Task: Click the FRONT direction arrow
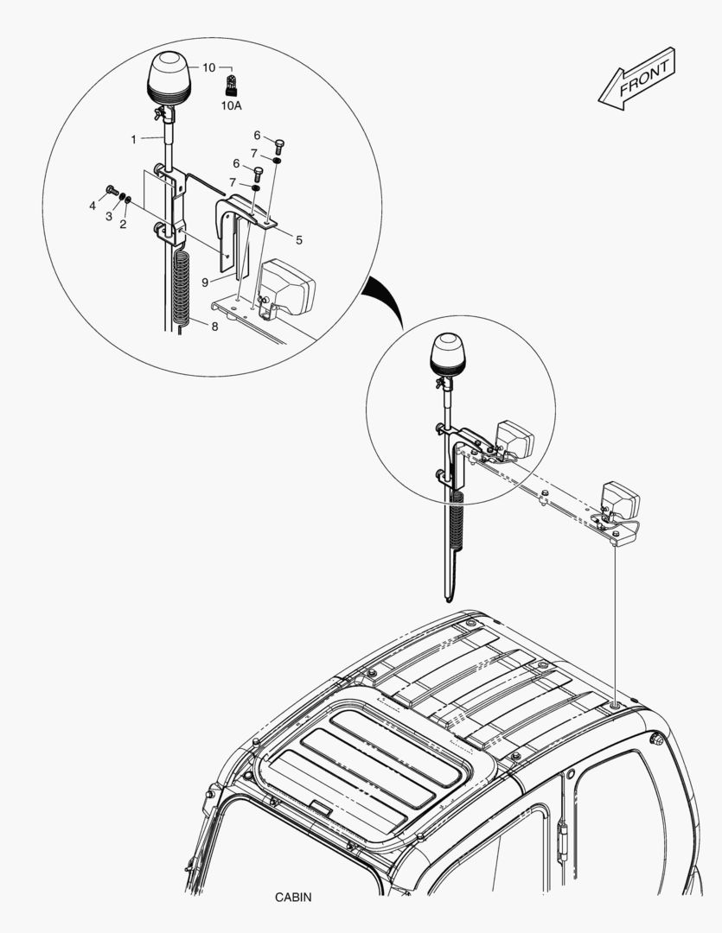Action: (636, 79)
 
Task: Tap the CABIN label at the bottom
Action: (293, 898)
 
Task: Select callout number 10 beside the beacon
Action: (208, 67)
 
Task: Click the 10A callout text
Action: (232, 106)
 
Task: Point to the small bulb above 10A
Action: (231, 85)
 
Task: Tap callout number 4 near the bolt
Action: (93, 206)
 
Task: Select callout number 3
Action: (109, 216)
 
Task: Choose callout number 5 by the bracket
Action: (298, 239)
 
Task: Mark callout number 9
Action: (205, 281)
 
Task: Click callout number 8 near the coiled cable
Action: (215, 326)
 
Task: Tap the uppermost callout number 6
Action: (257, 135)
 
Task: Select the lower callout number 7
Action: (232, 182)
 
